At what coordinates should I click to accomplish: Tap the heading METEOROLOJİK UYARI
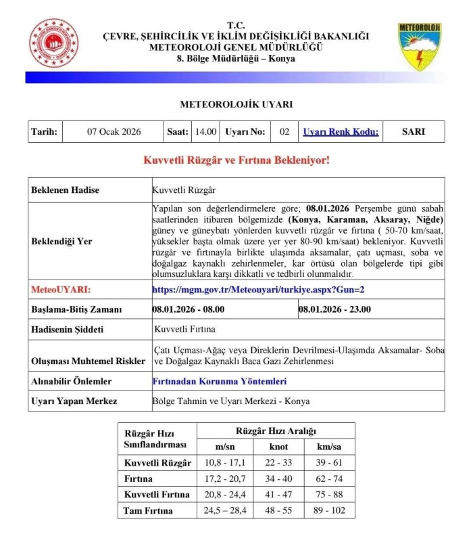(x=236, y=105)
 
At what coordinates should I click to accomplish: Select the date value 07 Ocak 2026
(x=114, y=132)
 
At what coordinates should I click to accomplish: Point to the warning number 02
(x=284, y=132)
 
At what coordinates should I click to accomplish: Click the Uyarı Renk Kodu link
(x=340, y=132)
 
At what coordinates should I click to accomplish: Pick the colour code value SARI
(x=413, y=132)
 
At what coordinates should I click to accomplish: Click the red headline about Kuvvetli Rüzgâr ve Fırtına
(x=236, y=160)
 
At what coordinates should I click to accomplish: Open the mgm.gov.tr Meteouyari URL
(x=258, y=290)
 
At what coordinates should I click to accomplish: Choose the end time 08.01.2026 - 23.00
(x=334, y=309)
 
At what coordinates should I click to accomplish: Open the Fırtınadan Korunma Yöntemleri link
(x=220, y=381)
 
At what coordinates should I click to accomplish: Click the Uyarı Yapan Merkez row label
(x=74, y=401)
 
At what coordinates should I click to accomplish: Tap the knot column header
(x=278, y=447)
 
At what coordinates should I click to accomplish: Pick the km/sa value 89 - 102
(x=329, y=510)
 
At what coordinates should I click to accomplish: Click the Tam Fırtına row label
(x=148, y=510)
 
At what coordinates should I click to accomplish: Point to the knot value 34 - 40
(x=278, y=479)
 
